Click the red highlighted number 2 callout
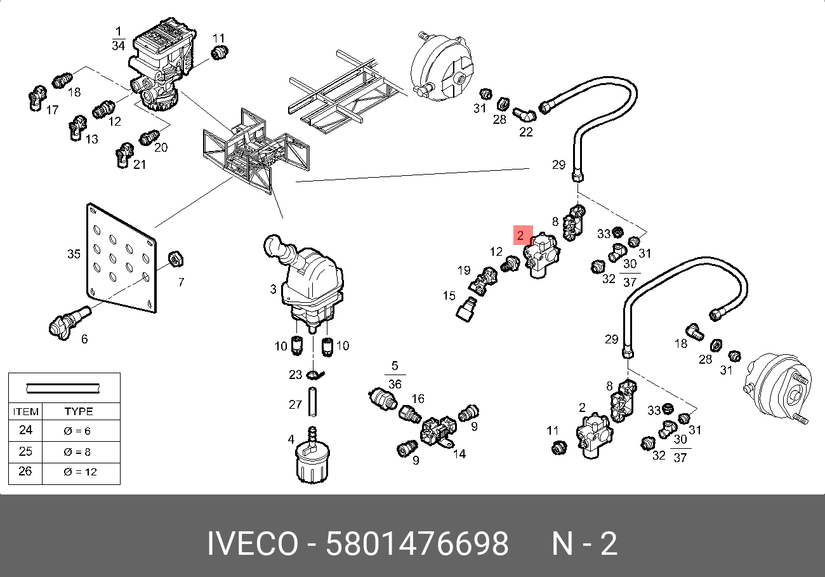(520, 235)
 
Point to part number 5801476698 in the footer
(417, 544)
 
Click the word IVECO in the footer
(252, 544)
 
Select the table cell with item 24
(25, 430)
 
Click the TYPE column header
(79, 411)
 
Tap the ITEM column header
(25, 411)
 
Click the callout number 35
(74, 254)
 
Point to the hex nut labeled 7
(175, 260)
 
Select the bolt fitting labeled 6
(66, 321)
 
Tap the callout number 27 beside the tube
(295, 404)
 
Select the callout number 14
(459, 454)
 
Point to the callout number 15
(449, 295)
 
